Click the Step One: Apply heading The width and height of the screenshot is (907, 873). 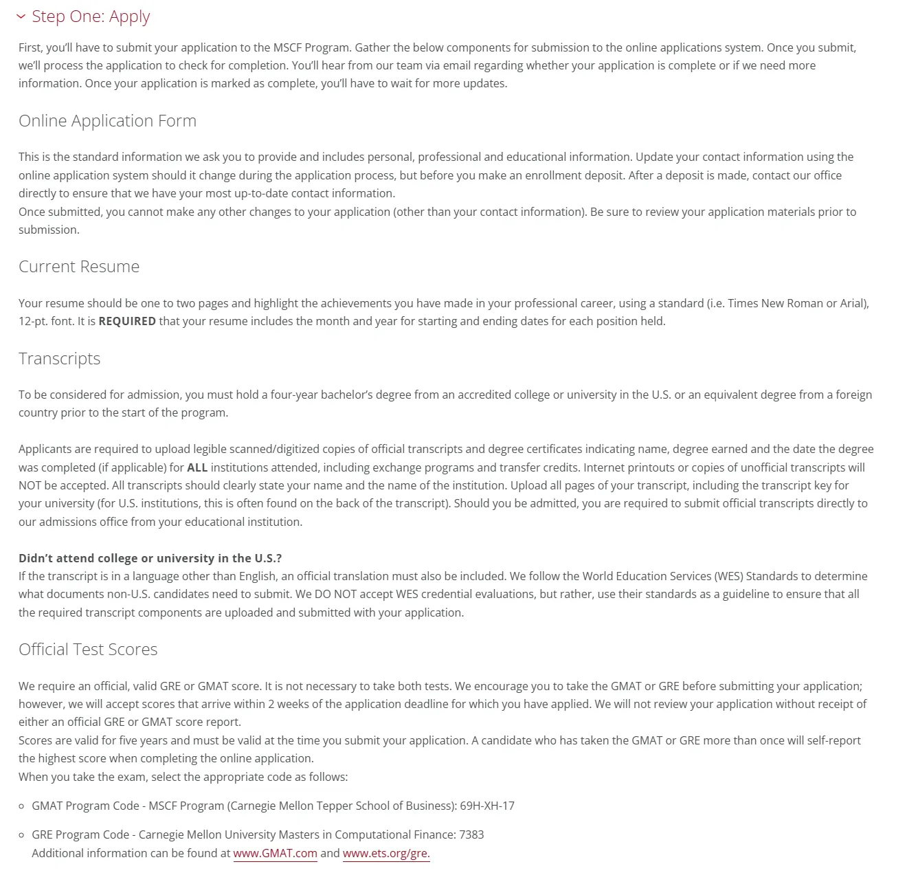(x=91, y=16)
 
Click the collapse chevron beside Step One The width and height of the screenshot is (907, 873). (x=21, y=16)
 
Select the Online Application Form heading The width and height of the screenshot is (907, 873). (x=107, y=121)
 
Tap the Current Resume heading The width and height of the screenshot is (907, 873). (x=79, y=267)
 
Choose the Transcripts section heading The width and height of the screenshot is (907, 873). (x=60, y=359)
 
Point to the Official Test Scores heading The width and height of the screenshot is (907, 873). (x=88, y=650)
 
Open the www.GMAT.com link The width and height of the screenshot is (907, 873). (x=275, y=853)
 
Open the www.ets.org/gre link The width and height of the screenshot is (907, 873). (x=385, y=853)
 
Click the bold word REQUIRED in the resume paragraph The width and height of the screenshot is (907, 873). (x=127, y=321)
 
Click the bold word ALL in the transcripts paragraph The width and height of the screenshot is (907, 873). (x=197, y=467)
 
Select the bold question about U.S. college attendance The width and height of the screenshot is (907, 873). (x=150, y=558)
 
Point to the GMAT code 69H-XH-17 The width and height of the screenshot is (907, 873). (x=487, y=806)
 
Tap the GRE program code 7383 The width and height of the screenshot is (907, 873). (x=471, y=835)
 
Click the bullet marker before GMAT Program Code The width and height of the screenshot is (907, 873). (x=22, y=806)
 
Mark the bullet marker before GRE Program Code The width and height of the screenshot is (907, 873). (x=22, y=835)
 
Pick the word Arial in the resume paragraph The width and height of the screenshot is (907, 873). (x=853, y=303)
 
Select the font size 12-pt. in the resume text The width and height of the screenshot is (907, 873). (x=33, y=321)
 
